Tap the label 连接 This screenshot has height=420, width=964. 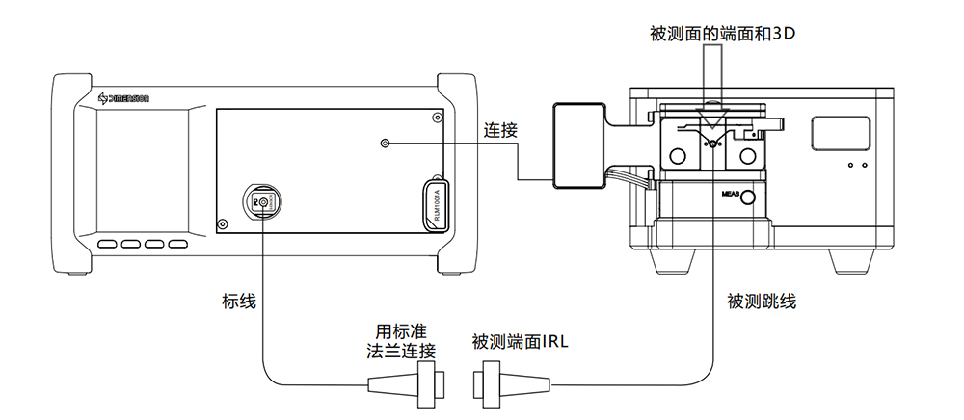point(500,131)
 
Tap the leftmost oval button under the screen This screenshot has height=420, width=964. point(107,244)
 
